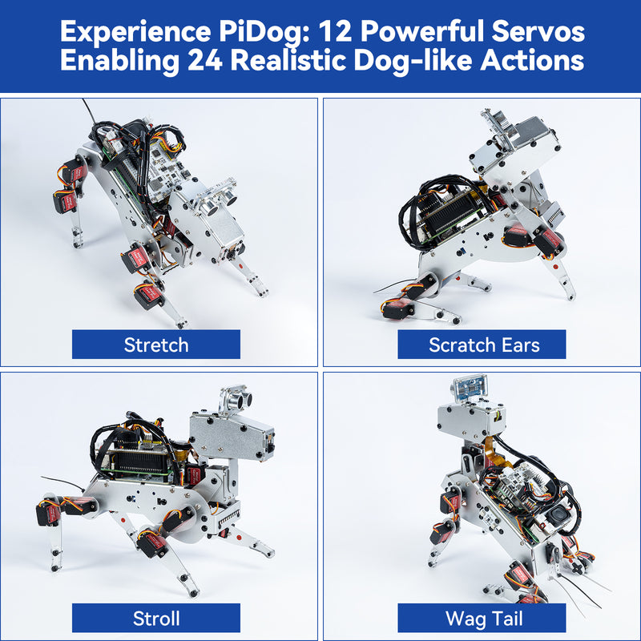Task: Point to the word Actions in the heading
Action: pyautogui.click(x=529, y=62)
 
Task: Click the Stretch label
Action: pyautogui.click(x=156, y=345)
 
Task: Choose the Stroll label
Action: pyautogui.click(x=156, y=619)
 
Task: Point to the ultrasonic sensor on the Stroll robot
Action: pyautogui.click(x=232, y=398)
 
